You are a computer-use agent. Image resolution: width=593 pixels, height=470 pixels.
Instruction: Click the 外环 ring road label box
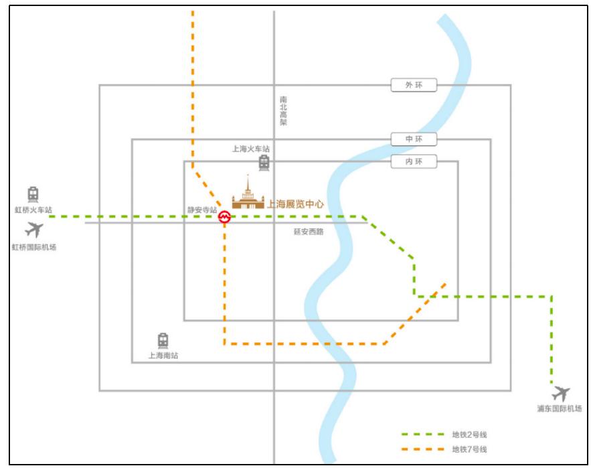(x=414, y=85)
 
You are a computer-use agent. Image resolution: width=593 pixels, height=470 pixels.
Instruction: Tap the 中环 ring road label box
(x=414, y=139)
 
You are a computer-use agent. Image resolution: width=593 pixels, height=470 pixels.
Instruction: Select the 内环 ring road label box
(x=414, y=161)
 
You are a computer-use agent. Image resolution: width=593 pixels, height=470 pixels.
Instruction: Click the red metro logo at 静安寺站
(x=224, y=217)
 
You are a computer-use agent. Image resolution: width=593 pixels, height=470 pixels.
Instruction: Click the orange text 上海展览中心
(x=295, y=204)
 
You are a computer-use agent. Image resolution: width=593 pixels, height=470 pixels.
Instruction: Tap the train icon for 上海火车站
(x=264, y=163)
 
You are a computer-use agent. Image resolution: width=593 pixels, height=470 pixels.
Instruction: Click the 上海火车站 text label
(x=251, y=149)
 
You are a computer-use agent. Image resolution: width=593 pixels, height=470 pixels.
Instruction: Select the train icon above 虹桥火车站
(x=33, y=195)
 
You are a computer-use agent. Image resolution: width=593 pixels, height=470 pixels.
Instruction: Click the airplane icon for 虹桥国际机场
(x=34, y=230)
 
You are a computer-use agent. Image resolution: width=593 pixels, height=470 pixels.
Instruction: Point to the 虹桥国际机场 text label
(x=34, y=247)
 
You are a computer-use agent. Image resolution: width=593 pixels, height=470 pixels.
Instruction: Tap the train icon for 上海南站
(x=163, y=341)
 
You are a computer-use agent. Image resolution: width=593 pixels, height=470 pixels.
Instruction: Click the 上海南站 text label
(x=163, y=356)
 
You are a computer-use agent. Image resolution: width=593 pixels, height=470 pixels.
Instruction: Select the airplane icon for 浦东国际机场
(x=561, y=394)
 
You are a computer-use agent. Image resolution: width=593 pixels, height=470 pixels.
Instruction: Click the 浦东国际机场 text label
(x=560, y=408)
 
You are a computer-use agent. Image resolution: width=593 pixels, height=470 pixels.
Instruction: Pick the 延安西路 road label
(x=309, y=232)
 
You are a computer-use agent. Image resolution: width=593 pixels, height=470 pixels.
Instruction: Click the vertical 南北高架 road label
(x=283, y=110)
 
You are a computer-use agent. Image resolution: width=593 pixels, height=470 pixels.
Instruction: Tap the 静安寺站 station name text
(x=202, y=210)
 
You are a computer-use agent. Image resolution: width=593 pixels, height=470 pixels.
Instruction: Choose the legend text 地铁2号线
(x=469, y=435)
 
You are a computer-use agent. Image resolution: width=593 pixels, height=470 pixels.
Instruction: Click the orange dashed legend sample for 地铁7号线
(x=423, y=449)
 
